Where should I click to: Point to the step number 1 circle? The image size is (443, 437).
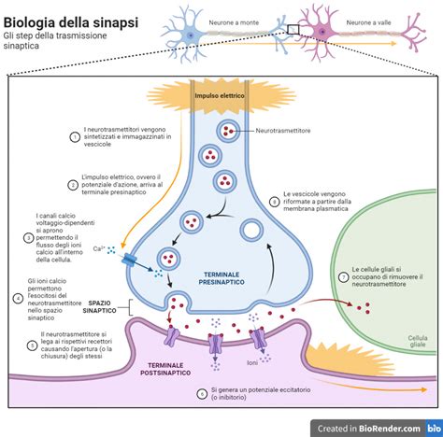(75, 137)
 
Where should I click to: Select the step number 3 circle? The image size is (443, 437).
(30, 238)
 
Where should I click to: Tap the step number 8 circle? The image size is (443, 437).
(274, 201)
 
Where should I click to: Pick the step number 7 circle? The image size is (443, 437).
(343, 277)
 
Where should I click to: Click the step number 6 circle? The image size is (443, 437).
(202, 394)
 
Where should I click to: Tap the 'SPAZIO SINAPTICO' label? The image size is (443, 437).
(106, 307)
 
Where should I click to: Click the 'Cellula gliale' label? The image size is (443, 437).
(411, 343)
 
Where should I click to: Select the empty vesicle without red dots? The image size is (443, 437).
(250, 229)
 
